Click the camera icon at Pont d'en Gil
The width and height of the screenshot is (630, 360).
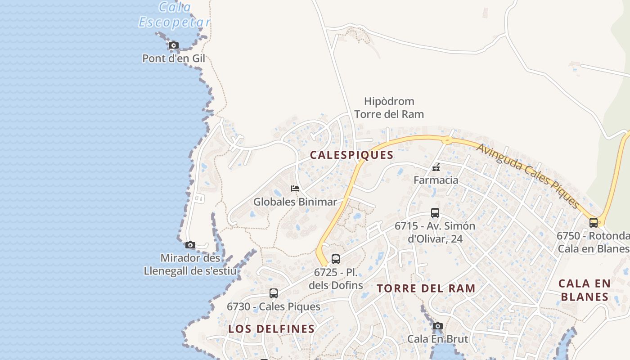click(174, 45)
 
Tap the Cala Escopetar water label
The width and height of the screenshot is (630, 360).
click(174, 15)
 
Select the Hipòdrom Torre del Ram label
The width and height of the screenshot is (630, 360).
click(389, 108)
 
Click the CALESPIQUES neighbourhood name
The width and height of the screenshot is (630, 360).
click(352, 155)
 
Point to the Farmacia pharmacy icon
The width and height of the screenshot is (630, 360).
click(436, 168)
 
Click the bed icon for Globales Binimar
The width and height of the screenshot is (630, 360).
click(295, 188)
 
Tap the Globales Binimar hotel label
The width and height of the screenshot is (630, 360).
click(295, 202)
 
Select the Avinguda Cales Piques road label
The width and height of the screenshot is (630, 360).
click(528, 176)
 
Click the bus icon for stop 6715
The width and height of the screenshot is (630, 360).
click(435, 213)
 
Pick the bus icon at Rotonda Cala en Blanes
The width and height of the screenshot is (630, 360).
click(594, 222)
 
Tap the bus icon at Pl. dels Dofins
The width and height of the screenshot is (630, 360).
click(336, 259)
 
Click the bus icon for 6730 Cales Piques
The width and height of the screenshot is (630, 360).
click(274, 293)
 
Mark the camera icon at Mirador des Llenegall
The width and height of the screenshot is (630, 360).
click(190, 245)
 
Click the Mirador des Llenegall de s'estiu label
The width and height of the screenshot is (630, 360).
click(190, 265)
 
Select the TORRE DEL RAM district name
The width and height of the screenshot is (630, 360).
click(426, 288)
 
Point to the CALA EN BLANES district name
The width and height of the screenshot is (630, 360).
click(585, 290)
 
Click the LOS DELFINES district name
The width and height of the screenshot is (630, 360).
click(271, 329)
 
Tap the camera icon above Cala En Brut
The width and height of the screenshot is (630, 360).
click(437, 326)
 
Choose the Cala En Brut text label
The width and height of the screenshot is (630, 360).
click(437, 339)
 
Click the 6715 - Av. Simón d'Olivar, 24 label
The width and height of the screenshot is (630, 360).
click(435, 232)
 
